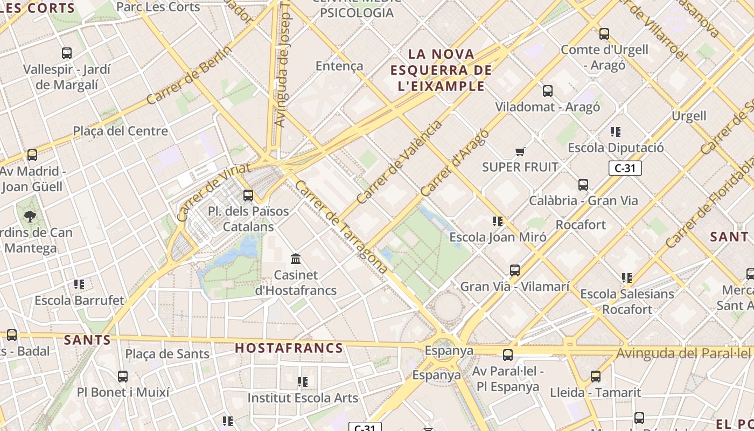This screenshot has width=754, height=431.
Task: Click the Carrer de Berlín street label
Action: [x=189, y=75]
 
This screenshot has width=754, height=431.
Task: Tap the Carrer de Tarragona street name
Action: [x=340, y=226]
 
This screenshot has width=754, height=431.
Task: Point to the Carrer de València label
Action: [x=399, y=162]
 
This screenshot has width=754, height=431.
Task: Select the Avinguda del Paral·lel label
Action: [x=683, y=353]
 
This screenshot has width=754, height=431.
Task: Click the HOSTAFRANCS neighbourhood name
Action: [x=289, y=348]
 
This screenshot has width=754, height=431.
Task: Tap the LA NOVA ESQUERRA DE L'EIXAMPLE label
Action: [x=441, y=70]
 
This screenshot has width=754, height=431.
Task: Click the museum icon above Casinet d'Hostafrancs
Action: [x=296, y=259]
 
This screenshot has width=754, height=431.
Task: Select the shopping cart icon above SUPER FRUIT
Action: [x=520, y=151]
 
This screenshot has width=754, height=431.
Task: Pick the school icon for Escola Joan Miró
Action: [x=498, y=221]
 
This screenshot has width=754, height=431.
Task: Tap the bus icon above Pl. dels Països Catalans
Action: [x=248, y=195]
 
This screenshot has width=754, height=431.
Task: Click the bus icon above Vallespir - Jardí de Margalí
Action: [x=67, y=53]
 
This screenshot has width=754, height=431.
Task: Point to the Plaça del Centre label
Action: [x=121, y=131]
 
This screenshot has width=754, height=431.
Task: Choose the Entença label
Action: [x=339, y=66]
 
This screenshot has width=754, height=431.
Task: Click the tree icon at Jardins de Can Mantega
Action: [x=30, y=217]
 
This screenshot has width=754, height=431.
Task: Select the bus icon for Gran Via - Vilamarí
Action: [x=515, y=270]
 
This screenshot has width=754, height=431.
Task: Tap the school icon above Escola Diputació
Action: [x=616, y=132]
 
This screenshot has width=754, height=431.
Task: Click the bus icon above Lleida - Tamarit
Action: [x=596, y=377]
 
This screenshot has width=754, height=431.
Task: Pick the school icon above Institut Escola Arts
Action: [x=303, y=382]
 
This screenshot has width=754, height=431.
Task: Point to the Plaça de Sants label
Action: [x=167, y=354]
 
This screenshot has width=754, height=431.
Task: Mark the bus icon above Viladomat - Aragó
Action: [x=548, y=91]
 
